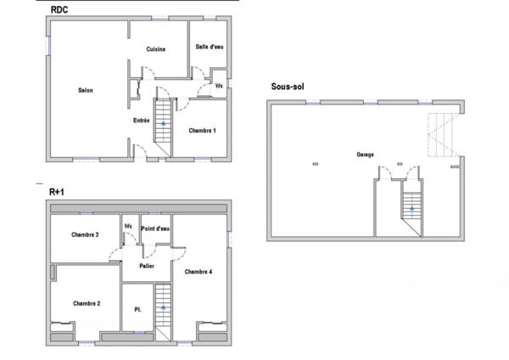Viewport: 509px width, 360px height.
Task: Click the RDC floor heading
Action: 60,9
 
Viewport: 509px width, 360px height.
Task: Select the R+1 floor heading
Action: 58,192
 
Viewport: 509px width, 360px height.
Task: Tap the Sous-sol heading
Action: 288,87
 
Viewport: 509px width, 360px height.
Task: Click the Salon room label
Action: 86,91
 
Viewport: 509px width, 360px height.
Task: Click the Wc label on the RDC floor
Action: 219,86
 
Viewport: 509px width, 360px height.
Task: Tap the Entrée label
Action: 142,121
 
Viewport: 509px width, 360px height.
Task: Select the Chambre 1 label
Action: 202,130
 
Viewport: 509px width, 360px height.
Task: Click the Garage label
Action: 366,155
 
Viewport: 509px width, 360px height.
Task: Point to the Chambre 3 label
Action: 85,234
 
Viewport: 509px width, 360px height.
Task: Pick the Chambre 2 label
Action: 87,303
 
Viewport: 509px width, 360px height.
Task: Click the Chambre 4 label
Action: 198,272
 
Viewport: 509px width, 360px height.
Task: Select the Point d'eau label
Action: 155,228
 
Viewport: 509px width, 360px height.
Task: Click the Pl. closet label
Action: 137,310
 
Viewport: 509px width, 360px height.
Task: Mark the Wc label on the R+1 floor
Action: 128,226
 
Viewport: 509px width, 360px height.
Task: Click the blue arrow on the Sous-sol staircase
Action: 411,208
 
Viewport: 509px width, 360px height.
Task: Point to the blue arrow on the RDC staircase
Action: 163,124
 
